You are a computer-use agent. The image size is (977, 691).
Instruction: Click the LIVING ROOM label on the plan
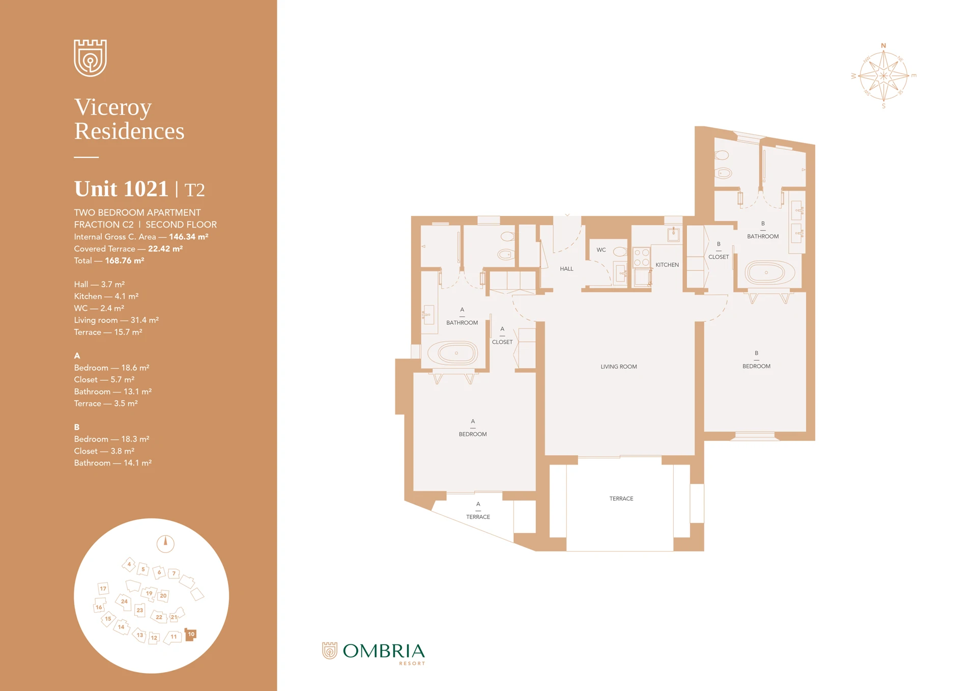coord(618,367)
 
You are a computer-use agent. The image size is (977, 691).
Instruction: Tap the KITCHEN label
coord(667,265)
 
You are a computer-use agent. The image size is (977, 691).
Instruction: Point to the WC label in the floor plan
coord(601,250)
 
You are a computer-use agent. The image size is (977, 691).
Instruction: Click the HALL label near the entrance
coord(566,269)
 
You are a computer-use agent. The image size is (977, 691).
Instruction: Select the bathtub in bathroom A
coord(453,353)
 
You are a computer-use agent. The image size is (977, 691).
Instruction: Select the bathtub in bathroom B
coord(769,272)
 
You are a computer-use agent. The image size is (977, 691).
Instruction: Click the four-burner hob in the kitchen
coord(641,257)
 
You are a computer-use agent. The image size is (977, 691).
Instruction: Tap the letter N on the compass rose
coord(883,46)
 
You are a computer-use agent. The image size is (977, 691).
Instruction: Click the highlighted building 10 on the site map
coord(191,634)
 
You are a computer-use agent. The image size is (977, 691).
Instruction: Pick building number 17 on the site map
coord(103,589)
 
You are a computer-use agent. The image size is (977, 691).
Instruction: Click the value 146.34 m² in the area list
coord(188,237)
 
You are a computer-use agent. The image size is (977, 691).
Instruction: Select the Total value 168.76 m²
coord(124,261)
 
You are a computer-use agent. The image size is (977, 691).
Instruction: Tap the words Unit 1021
coord(121,189)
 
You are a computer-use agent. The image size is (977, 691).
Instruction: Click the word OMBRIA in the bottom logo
coord(384,651)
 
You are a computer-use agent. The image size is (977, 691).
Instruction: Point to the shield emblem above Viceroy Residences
coord(90,58)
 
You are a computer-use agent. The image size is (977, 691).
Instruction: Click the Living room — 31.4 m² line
coord(116,320)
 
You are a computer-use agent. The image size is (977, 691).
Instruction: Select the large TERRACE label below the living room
coord(621,499)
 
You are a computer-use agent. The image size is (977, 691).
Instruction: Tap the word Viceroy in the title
coord(113,107)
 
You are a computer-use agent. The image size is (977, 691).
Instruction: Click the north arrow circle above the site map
coord(165,544)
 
